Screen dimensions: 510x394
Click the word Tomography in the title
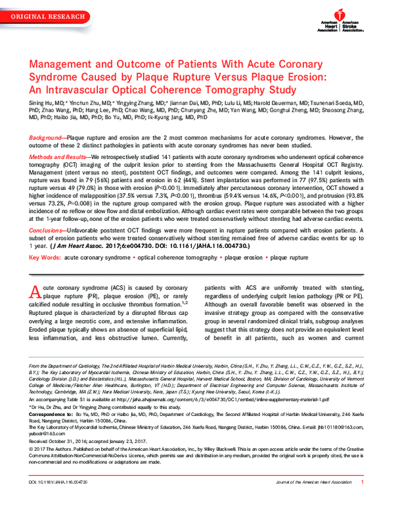[239, 91]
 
